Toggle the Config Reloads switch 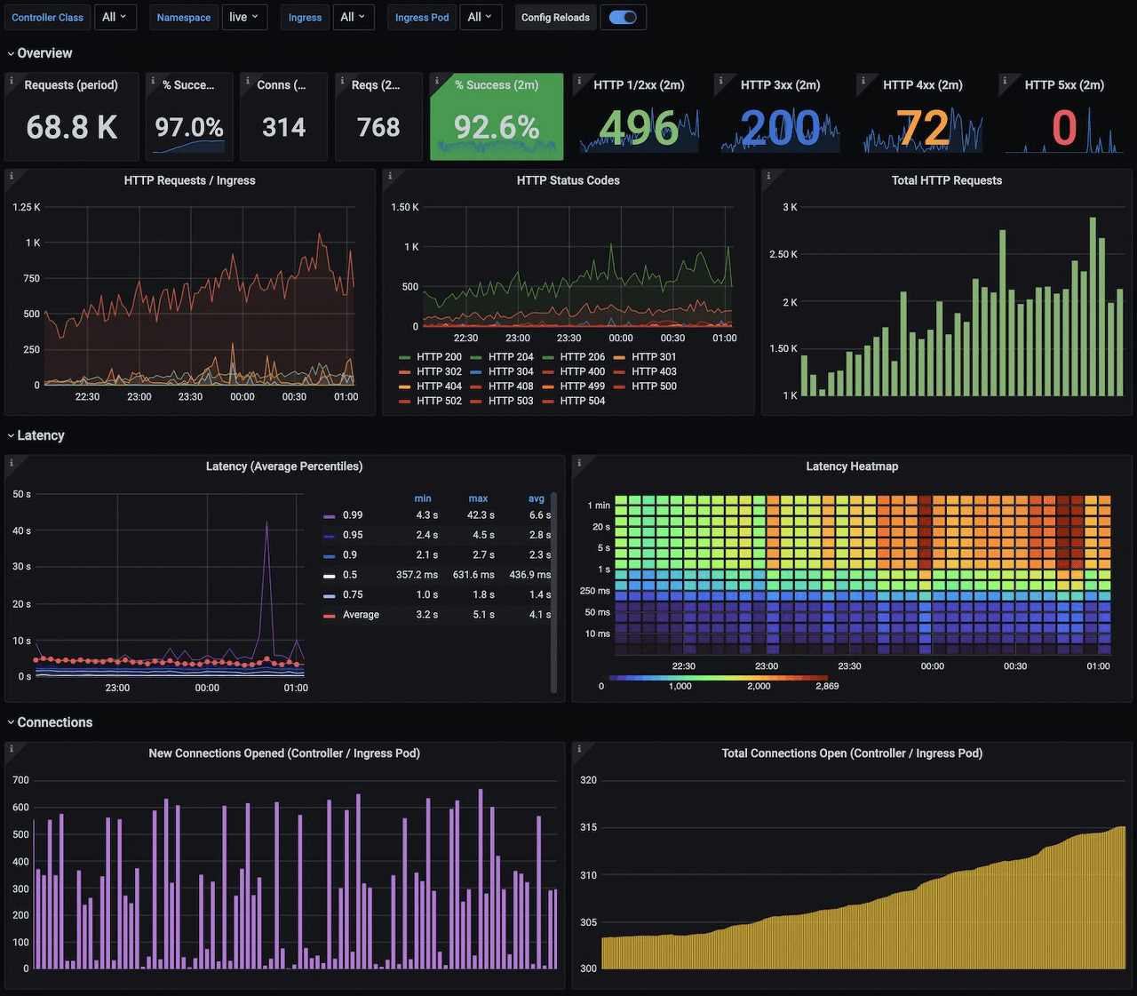coord(623,17)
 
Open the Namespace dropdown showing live coord(244,17)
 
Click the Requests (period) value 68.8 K coord(72,127)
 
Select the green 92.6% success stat coord(497,127)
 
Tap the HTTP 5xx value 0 coord(1064,127)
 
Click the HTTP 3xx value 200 coord(780,127)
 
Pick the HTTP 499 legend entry coord(583,386)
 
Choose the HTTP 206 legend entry coord(583,357)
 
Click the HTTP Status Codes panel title coord(568,180)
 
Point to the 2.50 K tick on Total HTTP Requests coord(783,255)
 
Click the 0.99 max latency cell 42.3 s coord(481,515)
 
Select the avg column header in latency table coord(537,498)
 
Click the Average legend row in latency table coord(361,615)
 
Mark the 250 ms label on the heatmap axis coord(595,591)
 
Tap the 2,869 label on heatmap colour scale coord(827,686)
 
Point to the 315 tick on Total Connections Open coord(588,827)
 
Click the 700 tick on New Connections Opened coord(20,780)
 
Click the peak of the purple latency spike coord(266,522)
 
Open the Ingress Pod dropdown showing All coord(481,17)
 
